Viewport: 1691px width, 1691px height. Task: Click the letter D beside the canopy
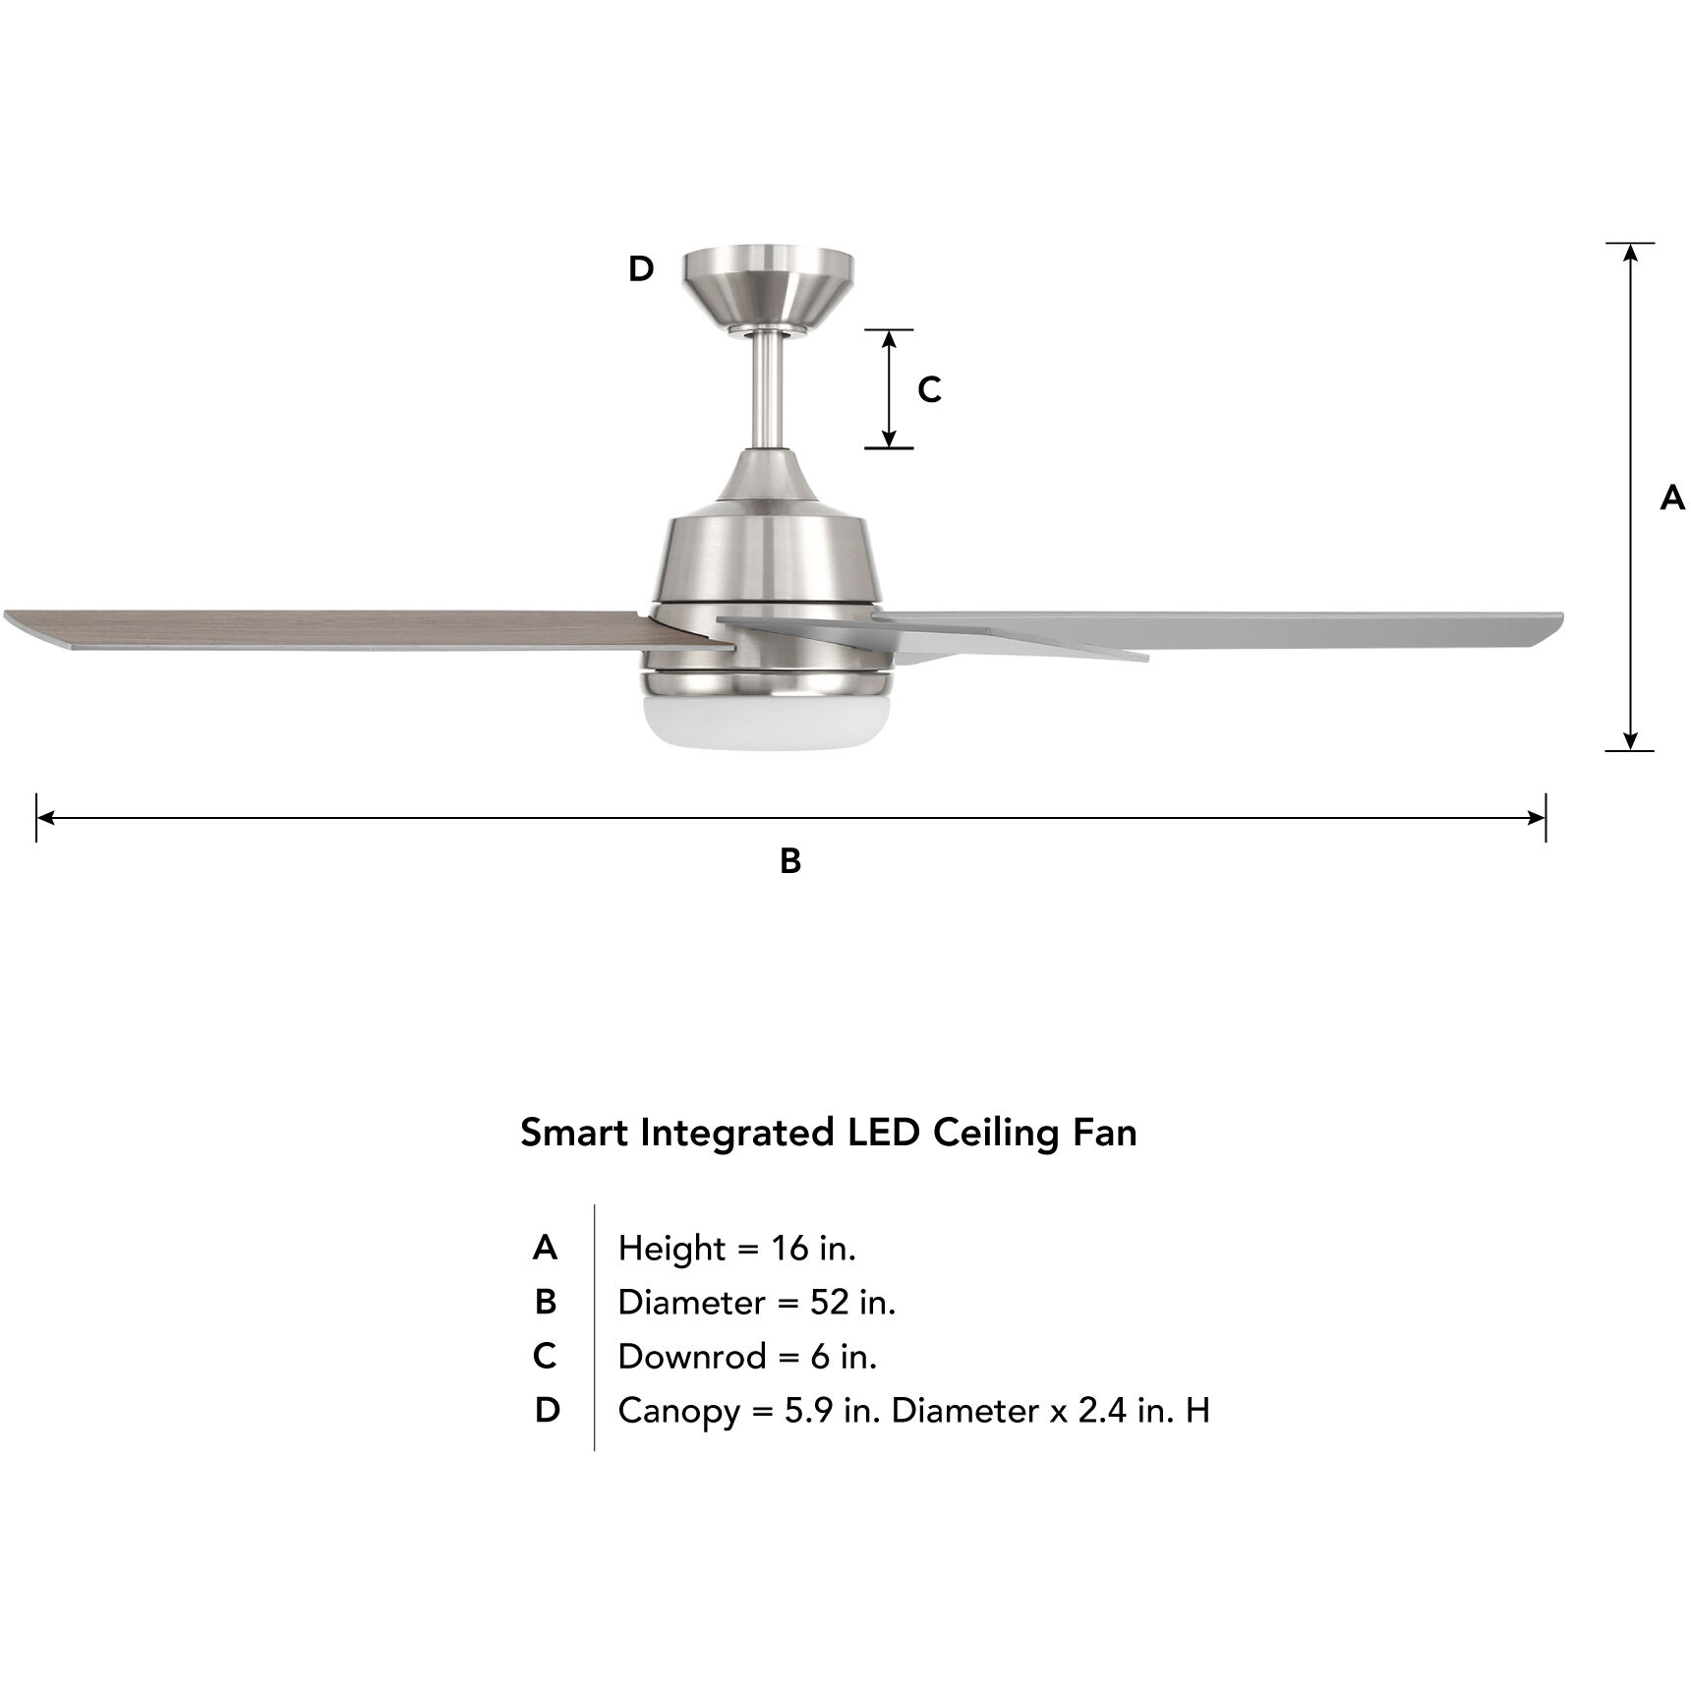[x=641, y=268]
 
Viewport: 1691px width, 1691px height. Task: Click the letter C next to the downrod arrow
[x=929, y=390]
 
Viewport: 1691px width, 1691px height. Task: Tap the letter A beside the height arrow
[x=1671, y=498]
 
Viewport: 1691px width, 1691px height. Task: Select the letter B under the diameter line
[x=790, y=861]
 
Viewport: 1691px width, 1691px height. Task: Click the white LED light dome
[x=767, y=719]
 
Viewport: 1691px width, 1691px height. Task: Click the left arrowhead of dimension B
[x=45, y=817]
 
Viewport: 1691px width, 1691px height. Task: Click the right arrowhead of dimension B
[x=1537, y=817]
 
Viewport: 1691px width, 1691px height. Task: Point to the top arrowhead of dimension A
[x=1630, y=252]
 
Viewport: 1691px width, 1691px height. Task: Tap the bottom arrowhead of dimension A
[x=1630, y=741]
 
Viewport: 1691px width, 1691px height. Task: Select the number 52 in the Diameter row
[x=829, y=1303]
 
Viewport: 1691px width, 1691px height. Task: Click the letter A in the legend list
[x=546, y=1248]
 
